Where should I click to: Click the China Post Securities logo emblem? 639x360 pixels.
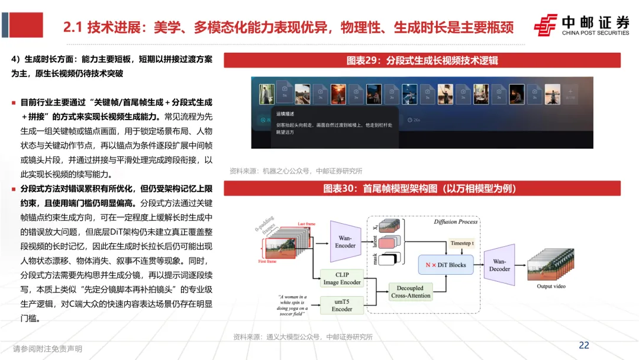(x=546, y=25)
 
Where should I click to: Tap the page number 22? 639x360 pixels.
(x=583, y=345)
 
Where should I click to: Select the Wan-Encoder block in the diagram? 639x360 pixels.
(x=346, y=242)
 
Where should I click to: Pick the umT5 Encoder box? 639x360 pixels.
(x=341, y=305)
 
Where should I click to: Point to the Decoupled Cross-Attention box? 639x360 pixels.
(x=411, y=291)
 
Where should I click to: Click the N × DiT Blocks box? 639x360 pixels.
(x=446, y=265)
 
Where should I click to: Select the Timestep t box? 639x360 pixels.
(x=466, y=243)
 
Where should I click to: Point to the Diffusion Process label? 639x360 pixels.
(x=455, y=222)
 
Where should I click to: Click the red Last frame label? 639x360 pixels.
(x=306, y=224)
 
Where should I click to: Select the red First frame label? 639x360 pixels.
(x=267, y=261)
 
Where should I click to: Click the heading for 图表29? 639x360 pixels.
(x=422, y=60)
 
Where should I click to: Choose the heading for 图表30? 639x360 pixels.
(x=422, y=188)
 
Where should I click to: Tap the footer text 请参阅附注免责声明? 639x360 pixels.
(x=47, y=349)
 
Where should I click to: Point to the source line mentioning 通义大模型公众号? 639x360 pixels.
(x=302, y=337)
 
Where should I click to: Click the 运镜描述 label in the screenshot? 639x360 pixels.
(x=285, y=114)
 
